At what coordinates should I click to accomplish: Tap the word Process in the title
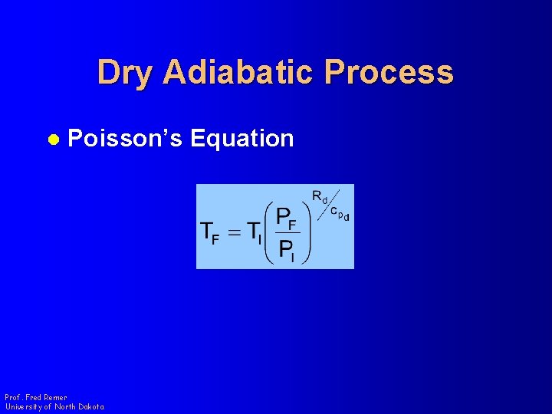(x=389, y=73)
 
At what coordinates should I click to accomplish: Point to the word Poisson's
(x=125, y=139)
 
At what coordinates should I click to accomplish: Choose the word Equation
(x=242, y=139)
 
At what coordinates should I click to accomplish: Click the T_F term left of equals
(x=210, y=233)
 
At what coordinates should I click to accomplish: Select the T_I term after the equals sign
(x=254, y=233)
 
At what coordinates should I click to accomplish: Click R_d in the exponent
(x=320, y=196)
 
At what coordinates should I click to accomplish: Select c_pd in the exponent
(x=339, y=214)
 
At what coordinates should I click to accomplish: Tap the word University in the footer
(x=22, y=406)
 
